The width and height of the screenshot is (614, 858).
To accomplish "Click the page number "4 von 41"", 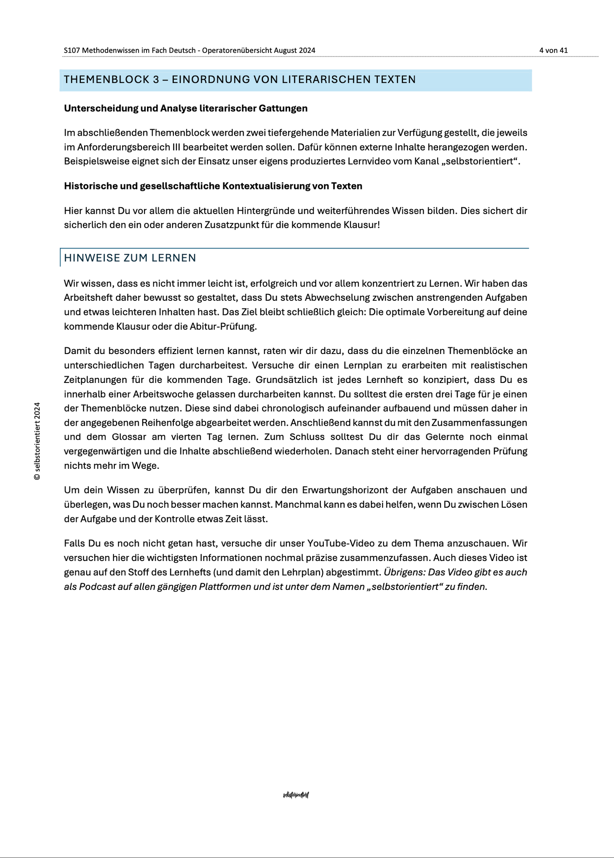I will (x=553, y=50).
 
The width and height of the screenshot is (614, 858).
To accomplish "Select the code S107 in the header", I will (x=72, y=50).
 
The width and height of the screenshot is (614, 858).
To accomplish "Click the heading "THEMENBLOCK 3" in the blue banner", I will (x=111, y=80).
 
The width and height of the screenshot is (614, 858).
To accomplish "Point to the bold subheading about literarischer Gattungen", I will (x=186, y=109).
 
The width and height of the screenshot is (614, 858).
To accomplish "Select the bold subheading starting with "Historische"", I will (x=213, y=186).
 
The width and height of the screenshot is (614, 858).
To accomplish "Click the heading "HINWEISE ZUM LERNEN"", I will (x=130, y=258).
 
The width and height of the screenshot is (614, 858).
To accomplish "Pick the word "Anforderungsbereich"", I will (x=117, y=147).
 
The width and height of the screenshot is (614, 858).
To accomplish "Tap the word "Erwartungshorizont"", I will (x=353, y=490).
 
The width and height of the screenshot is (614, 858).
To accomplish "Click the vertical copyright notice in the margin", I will (x=37, y=441).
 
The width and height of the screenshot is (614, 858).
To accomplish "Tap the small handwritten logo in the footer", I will (x=296, y=795).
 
